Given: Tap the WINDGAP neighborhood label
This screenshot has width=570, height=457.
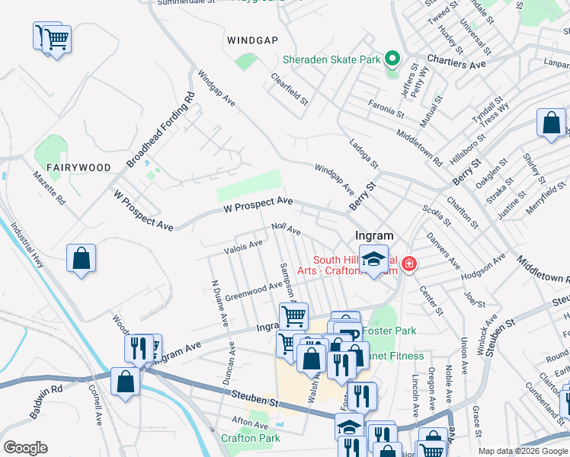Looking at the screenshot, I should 251,39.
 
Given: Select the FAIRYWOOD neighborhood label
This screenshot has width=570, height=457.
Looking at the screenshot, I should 78,167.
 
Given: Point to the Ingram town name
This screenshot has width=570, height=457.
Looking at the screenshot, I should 374,236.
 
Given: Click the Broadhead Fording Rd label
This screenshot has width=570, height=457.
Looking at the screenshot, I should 161,130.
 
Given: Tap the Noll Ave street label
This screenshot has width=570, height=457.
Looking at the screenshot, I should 287,230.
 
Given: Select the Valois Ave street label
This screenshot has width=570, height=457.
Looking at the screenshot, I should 243,245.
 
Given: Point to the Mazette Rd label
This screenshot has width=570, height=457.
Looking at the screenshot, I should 50,190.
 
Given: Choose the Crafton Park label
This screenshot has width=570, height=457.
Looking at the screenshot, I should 251,438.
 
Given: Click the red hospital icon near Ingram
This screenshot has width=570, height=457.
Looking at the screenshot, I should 409,264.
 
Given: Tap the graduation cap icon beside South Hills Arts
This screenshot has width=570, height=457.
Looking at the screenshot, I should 373,259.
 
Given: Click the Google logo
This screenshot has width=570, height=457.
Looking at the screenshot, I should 25,448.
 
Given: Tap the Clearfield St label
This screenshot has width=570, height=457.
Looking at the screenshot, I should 290,89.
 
